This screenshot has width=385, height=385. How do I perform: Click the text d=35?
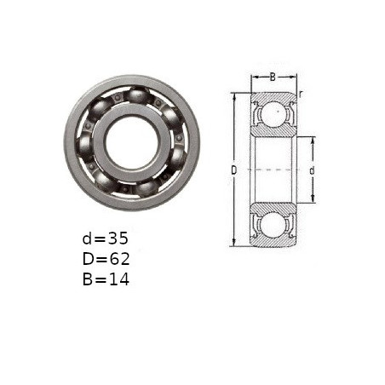point(106,238)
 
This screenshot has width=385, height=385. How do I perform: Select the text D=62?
point(106,259)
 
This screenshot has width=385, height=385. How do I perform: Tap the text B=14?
point(106,279)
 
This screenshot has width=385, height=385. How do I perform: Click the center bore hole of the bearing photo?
point(133,143)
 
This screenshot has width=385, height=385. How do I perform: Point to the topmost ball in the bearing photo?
point(137,95)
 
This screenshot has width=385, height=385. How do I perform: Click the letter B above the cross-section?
point(273,77)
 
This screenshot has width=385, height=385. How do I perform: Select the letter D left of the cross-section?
point(233,170)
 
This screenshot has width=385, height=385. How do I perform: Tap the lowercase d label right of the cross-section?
point(312,170)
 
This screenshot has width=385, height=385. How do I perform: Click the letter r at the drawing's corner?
point(301,94)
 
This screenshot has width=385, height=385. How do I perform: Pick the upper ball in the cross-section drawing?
point(273,113)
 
